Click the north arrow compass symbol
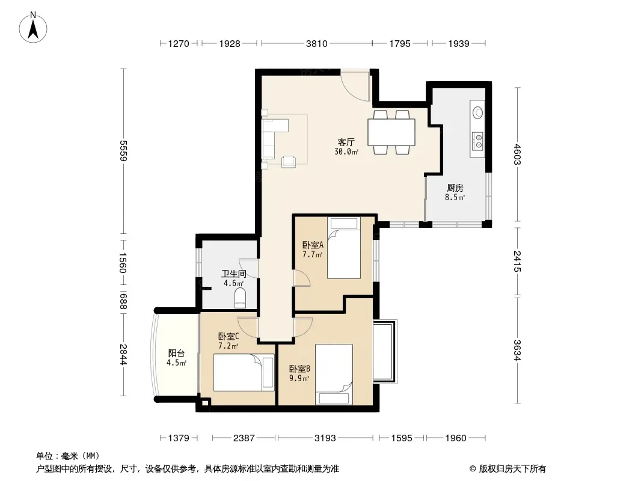tap(33, 28)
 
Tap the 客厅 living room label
tap(346, 142)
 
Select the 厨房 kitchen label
tap(455, 188)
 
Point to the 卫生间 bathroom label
tap(234, 274)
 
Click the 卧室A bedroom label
tap(313, 245)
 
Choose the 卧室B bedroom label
tap(299, 369)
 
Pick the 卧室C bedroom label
tap(228, 336)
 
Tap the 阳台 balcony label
tap(177, 354)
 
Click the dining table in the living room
tap(391, 132)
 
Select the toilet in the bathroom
tap(240, 298)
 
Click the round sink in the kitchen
tap(477, 112)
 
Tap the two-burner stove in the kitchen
tap(477, 141)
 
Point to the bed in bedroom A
tap(344, 248)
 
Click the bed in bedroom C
tap(244, 372)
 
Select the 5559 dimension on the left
tap(123, 150)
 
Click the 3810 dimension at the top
tap(317, 43)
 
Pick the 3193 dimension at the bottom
tap(325, 438)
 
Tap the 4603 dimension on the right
tap(518, 154)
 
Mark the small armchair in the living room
tap(289, 161)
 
